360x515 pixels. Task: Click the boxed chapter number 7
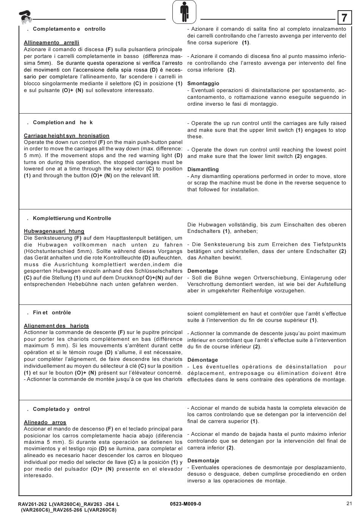(x=344, y=18)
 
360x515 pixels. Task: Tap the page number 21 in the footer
(x=349, y=503)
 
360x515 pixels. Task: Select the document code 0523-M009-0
(x=186, y=504)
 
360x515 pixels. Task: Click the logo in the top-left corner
(x=25, y=16)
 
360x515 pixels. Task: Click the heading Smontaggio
(x=203, y=83)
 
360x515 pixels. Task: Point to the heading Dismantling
(x=203, y=169)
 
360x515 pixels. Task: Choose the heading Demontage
(x=202, y=271)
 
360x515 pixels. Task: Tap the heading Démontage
(x=202, y=360)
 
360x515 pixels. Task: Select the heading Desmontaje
(x=203, y=460)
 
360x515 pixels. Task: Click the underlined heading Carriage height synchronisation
(x=66, y=136)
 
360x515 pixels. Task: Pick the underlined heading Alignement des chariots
(x=56, y=326)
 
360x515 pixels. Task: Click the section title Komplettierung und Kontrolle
(x=72, y=218)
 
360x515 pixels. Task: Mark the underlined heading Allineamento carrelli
(x=52, y=42)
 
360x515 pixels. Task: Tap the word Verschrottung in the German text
(x=205, y=284)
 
